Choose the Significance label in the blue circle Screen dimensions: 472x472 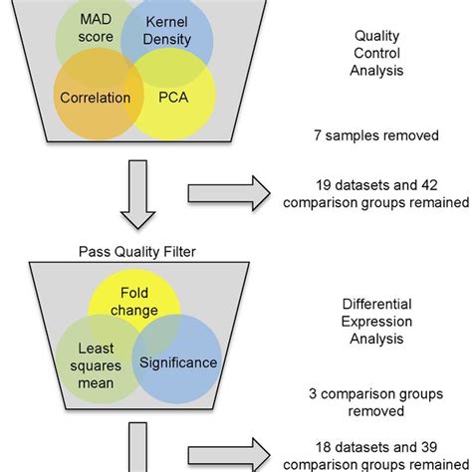pos(177,362)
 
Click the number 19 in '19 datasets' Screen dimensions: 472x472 pos(321,185)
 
